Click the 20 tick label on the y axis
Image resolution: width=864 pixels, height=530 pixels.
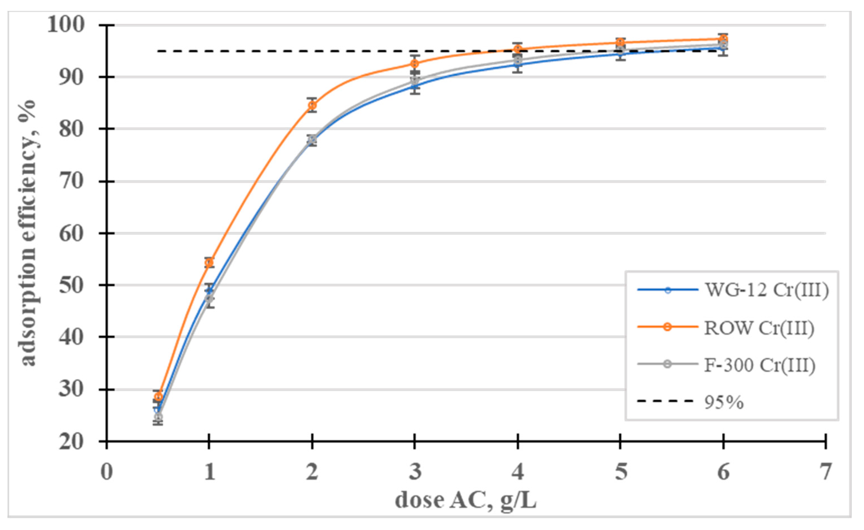72,442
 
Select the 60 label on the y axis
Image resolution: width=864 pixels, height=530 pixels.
72,234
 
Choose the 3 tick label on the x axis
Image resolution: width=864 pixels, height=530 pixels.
415,472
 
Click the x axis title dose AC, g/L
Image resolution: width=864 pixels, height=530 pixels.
466,500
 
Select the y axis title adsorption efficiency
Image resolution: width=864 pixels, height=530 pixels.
28,234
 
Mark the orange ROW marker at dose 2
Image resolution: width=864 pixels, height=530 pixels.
312,105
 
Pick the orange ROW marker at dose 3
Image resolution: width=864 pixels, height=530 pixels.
415,64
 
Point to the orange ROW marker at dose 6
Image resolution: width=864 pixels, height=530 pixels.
723,39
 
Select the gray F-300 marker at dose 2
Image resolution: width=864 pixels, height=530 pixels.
312,140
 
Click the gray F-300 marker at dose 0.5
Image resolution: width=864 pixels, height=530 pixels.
158,417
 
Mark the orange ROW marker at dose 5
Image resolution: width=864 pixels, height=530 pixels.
620,43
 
